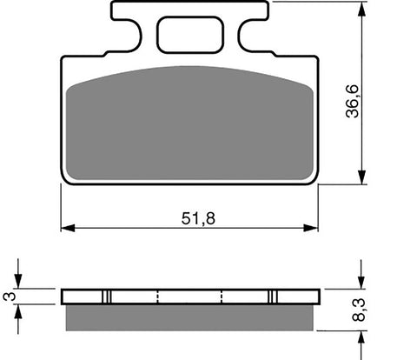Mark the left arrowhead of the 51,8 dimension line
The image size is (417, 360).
(66, 230)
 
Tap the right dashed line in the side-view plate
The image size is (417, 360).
(223, 296)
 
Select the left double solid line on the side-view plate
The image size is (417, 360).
(108, 296)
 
